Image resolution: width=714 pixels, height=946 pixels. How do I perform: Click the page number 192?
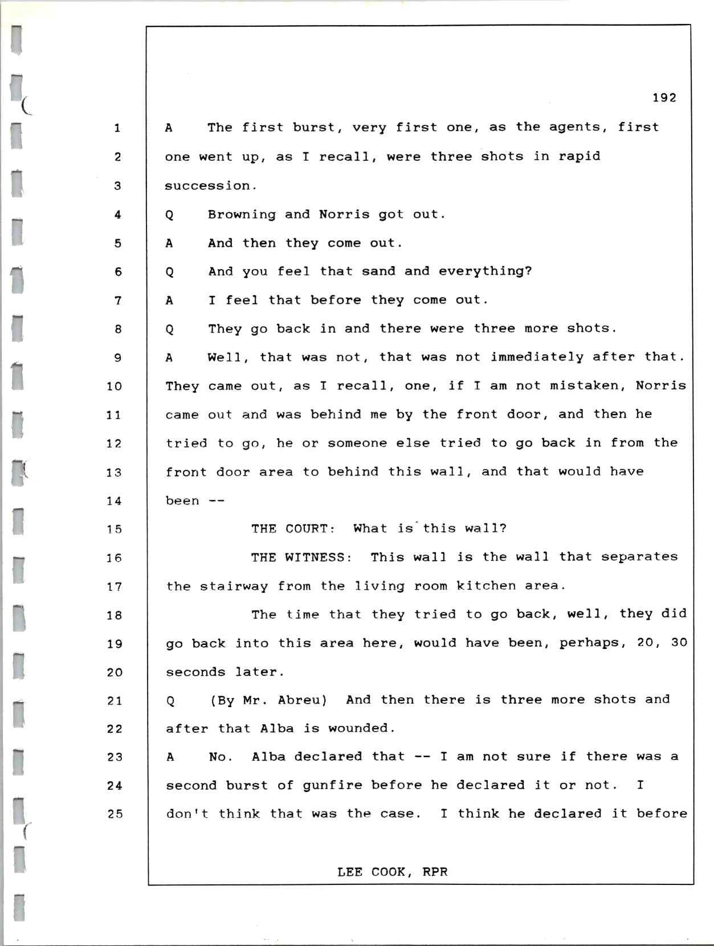tap(664, 98)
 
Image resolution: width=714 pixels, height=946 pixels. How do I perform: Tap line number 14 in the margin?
tap(114, 501)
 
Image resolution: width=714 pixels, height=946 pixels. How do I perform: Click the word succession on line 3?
tap(207, 186)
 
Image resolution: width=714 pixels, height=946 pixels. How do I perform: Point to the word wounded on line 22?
tap(358, 729)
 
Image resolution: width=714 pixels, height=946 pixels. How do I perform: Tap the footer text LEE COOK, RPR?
tap(392, 872)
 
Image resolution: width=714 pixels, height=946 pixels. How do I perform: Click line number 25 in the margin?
tap(115, 814)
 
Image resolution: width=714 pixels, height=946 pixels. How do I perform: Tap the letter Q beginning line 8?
tap(169, 330)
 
